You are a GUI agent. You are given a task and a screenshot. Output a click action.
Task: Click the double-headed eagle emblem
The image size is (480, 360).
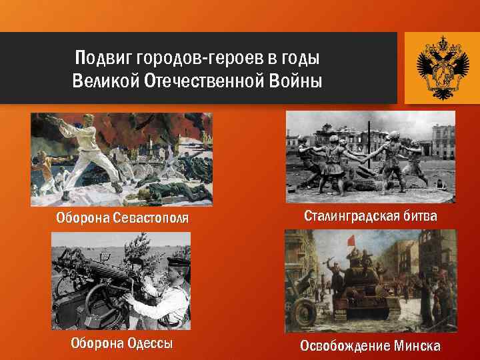coord(437,67)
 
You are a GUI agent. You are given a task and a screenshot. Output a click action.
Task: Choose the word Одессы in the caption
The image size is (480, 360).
coord(149,344)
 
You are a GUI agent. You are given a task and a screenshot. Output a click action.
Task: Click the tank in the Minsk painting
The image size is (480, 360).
coord(367,293)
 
